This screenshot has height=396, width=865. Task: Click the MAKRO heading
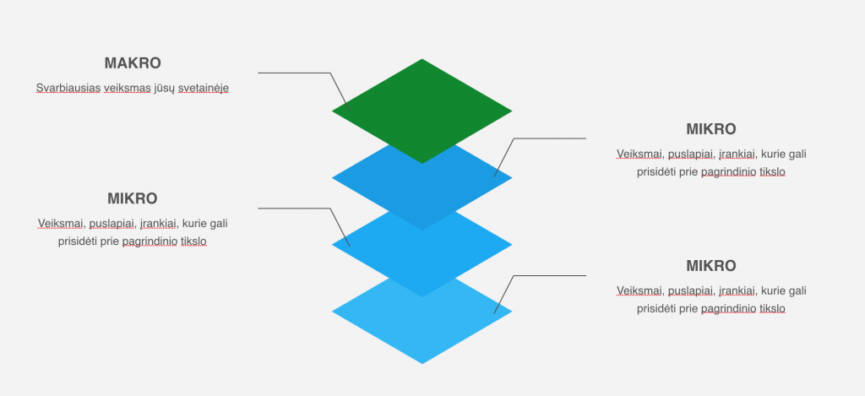133,63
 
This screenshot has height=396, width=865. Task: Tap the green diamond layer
422,106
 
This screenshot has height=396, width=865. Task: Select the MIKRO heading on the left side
133,199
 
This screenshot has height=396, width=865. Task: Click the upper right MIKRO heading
711,129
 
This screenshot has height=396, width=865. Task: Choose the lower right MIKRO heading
711,266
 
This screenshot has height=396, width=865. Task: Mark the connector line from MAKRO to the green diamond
296,73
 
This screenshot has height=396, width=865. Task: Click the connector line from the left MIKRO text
296,208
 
